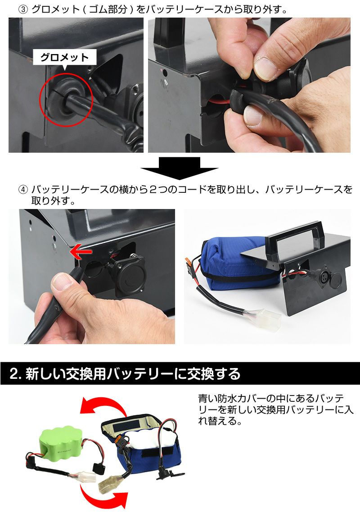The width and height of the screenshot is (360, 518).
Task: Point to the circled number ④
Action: point(23,189)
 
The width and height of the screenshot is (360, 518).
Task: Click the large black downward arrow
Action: point(179,168)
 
